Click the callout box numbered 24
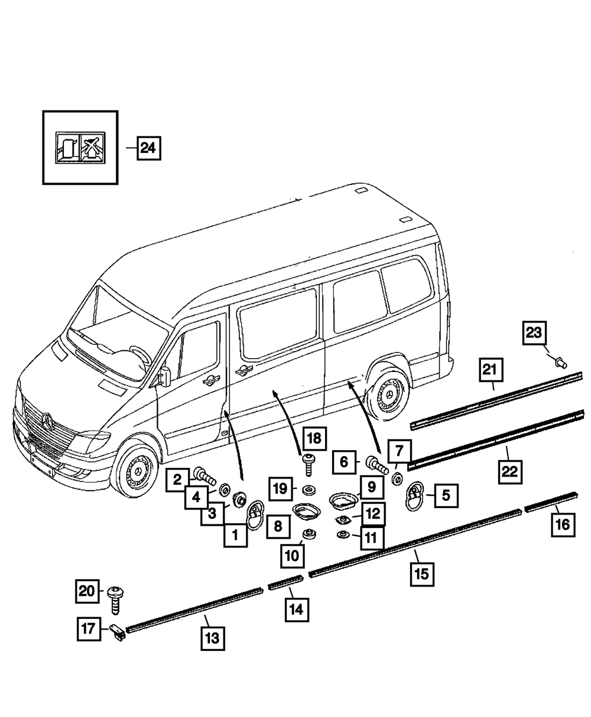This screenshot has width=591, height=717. tap(148, 148)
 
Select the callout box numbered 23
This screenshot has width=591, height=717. tap(534, 333)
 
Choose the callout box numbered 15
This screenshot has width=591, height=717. tap(423, 573)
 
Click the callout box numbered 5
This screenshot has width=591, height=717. tap(446, 496)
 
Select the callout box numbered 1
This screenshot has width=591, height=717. tap(235, 536)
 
